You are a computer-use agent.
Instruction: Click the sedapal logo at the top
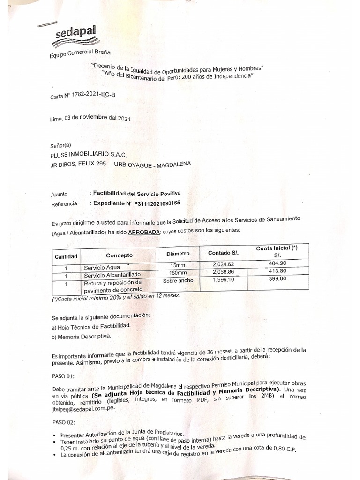pos(74,32)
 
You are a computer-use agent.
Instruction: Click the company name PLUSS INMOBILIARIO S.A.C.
pos(88,154)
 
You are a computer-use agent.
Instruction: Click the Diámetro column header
pos(178,253)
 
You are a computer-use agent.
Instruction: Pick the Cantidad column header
pos(67,256)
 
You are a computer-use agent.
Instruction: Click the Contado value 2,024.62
pos(226,265)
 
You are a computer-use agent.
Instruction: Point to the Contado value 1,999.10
pos(226,280)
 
